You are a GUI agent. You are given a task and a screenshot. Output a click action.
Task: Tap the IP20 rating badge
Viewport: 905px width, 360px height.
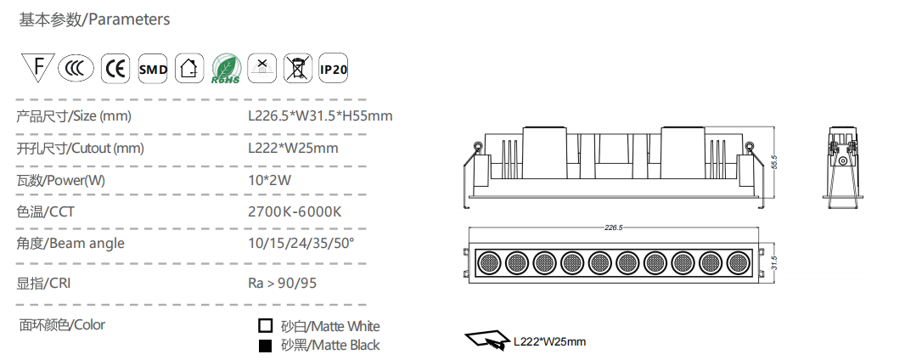[x=334, y=70]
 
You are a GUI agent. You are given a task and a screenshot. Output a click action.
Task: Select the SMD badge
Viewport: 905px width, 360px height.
[x=153, y=70]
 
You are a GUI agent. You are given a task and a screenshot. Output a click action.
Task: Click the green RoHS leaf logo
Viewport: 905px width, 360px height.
[x=226, y=69]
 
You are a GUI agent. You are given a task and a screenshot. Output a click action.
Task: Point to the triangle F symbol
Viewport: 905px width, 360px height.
[x=38, y=67]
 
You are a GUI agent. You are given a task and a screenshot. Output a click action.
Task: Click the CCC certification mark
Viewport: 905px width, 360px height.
[x=76, y=70]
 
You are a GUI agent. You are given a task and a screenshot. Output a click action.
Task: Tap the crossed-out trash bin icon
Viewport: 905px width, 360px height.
[x=297, y=69]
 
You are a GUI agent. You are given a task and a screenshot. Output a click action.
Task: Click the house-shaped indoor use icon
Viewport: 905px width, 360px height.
[x=189, y=69]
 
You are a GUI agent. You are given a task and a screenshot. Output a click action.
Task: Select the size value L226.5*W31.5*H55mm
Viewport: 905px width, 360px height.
[x=320, y=116]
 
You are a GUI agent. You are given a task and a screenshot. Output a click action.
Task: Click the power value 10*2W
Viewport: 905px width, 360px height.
[x=269, y=181]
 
